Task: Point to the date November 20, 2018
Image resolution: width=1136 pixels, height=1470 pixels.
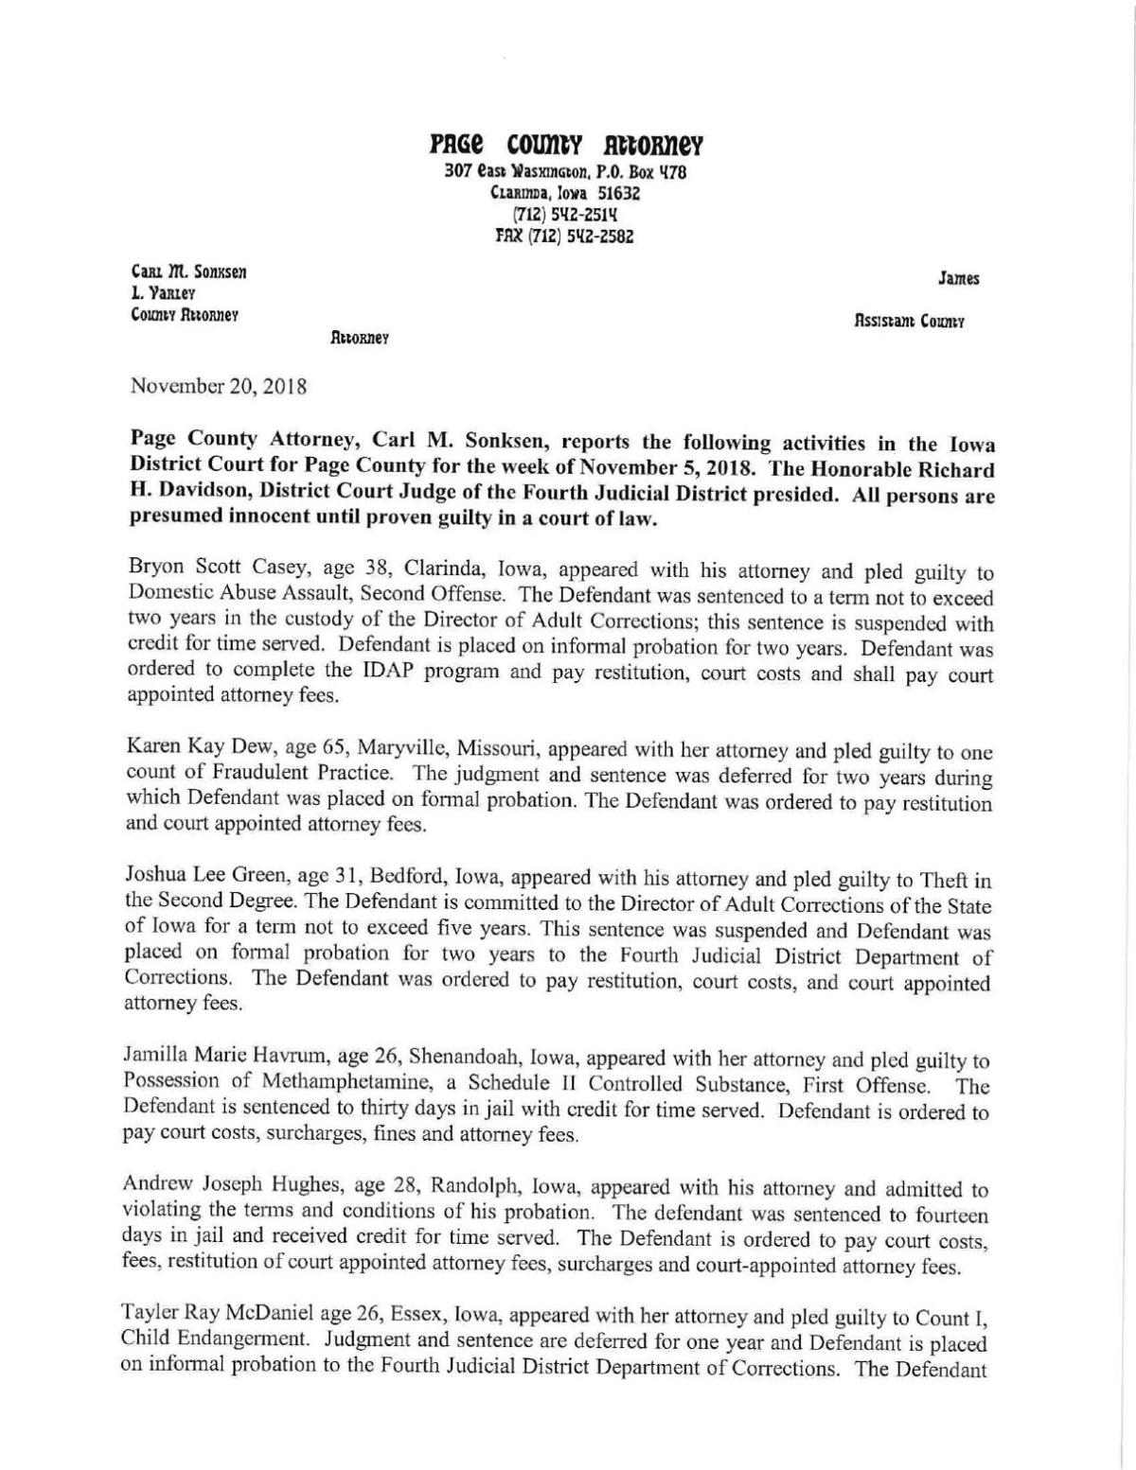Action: click(x=219, y=386)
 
